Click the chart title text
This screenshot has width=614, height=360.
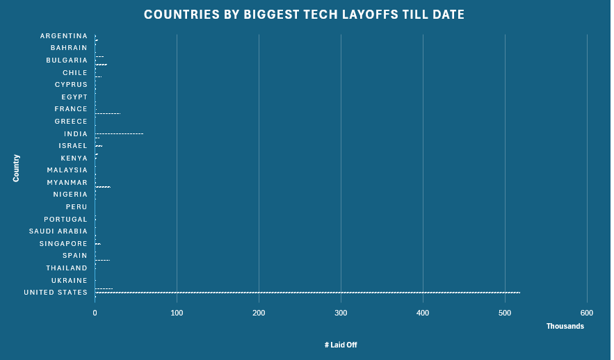tap(304, 15)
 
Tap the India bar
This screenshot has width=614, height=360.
tap(119, 133)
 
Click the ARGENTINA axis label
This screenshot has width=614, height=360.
tap(64, 36)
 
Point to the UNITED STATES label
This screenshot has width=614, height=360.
tap(56, 293)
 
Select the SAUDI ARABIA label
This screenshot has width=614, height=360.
tap(58, 231)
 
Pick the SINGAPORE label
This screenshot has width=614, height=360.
tap(63, 244)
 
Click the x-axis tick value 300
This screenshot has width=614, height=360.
tap(341, 313)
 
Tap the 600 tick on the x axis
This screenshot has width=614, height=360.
tap(587, 313)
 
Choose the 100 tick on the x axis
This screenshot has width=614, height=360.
tap(177, 313)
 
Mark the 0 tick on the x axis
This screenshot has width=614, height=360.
tap(95, 313)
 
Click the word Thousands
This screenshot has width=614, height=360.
tap(565, 327)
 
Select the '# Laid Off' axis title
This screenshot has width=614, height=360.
tap(341, 345)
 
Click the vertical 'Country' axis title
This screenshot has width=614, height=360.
tap(16, 168)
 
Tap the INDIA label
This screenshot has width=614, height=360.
tap(76, 134)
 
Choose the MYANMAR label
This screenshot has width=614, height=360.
tap(67, 183)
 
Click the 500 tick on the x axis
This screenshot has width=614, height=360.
tap(505, 313)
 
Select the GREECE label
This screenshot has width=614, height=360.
tap(71, 122)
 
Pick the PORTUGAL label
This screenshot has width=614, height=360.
tap(66, 220)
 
